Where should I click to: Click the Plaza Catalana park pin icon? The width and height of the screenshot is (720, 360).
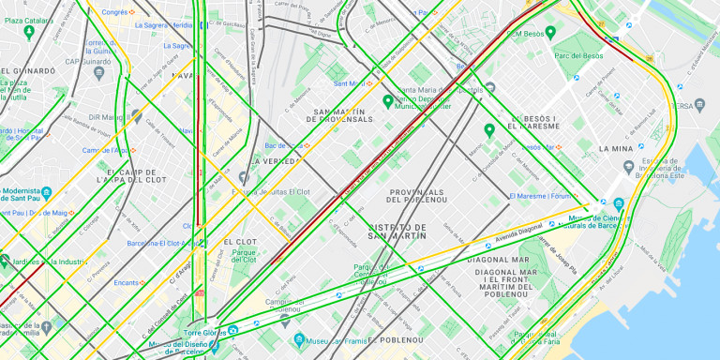29,33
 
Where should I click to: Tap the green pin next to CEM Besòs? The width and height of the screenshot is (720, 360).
550,33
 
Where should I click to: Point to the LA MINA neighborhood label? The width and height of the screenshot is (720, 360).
615,149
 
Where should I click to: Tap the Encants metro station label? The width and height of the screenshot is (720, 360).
125,282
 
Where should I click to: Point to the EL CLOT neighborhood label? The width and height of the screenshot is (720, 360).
240,242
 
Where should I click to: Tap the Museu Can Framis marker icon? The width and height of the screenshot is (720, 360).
299,339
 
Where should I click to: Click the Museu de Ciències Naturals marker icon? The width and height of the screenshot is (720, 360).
619,203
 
